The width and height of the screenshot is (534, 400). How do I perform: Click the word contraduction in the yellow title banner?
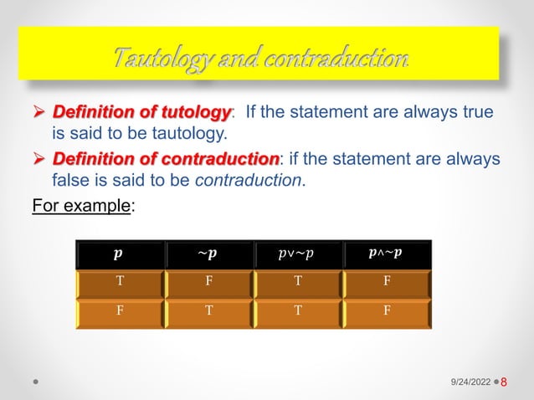click(346, 59)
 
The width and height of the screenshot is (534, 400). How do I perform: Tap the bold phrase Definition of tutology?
click(141, 112)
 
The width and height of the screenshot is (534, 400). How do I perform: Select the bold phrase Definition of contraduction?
click(166, 158)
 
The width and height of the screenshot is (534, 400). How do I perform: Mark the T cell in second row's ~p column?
click(208, 312)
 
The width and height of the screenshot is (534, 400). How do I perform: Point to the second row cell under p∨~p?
click(297, 312)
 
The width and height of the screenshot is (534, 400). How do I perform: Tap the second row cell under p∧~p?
click(386, 312)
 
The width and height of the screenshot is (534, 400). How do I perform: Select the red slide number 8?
click(505, 381)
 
